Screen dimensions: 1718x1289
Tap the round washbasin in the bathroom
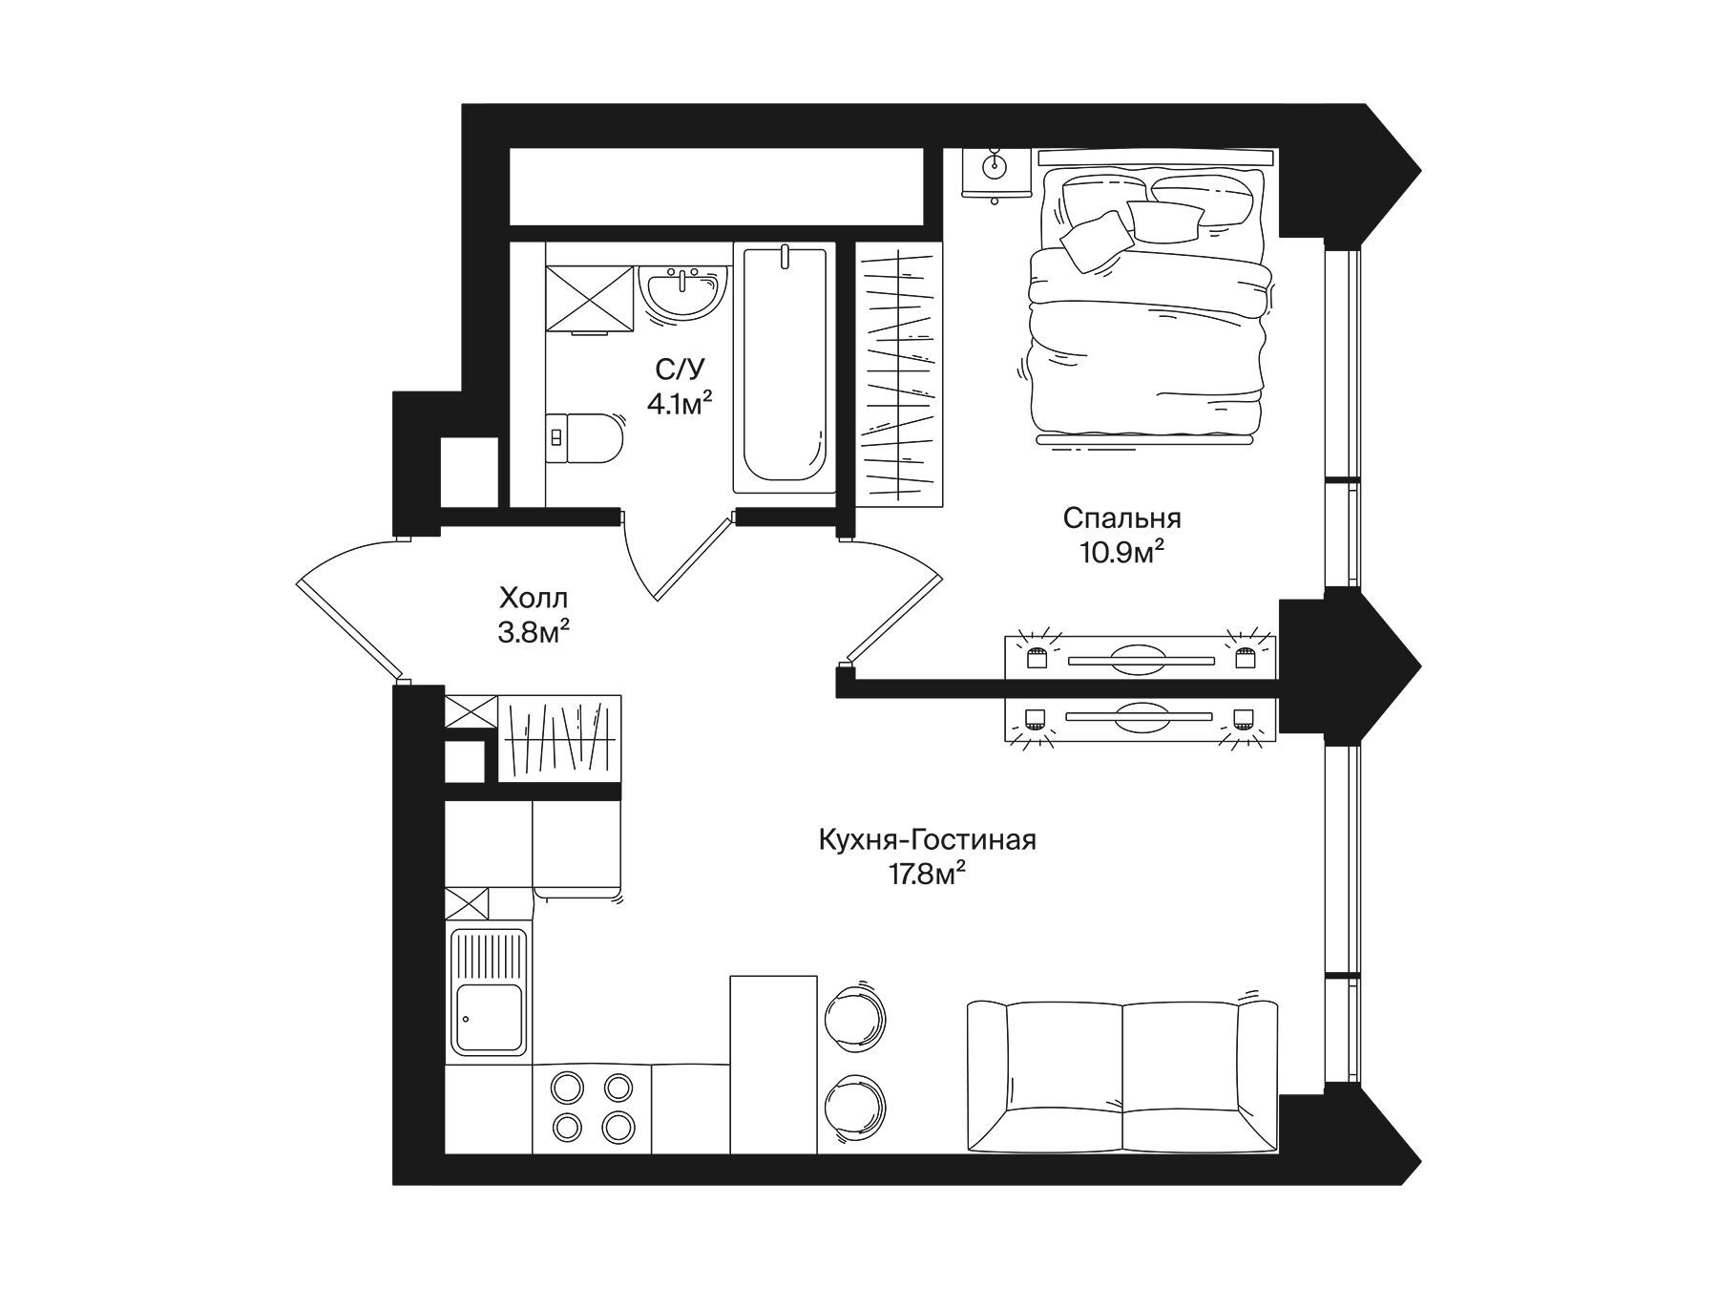[x=683, y=291]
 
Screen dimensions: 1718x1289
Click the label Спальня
[x=1121, y=518]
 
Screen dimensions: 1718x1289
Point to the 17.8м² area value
[x=923, y=873]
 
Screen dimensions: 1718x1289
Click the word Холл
[x=534, y=599]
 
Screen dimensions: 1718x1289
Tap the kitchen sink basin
[x=489, y=1018]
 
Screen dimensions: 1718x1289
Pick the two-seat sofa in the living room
[x=1121, y=1075]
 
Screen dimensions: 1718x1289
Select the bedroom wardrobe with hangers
[x=899, y=374]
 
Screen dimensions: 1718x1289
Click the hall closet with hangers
[x=559, y=738]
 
